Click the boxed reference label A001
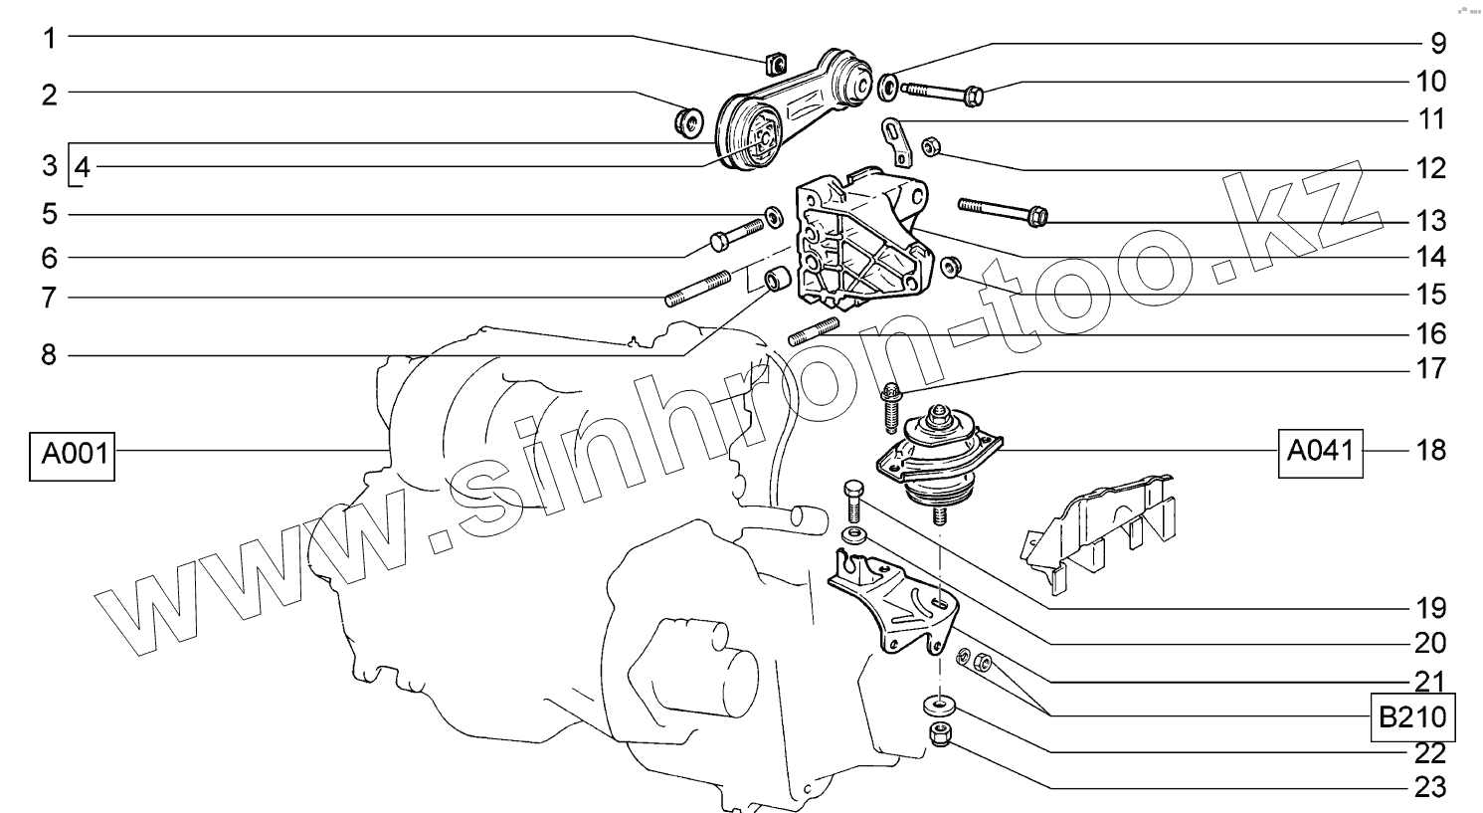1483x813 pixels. click(73, 456)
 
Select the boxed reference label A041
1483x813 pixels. click(1320, 453)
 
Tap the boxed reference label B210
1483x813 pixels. click(1412, 716)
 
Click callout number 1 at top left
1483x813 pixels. click(50, 39)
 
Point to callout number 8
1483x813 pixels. click(49, 355)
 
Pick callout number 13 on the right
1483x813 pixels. click(1430, 221)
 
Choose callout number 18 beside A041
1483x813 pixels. click(1430, 451)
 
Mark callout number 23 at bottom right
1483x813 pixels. click(1430, 788)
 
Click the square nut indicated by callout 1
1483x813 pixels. click(775, 64)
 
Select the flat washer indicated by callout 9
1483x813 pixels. click(888, 88)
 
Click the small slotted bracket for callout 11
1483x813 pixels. click(896, 141)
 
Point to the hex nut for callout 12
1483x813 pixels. click(930, 146)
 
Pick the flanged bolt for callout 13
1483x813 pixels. click(1003, 211)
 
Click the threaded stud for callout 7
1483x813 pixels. click(698, 289)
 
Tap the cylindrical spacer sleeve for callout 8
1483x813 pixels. click(777, 279)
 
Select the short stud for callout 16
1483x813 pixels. click(814, 331)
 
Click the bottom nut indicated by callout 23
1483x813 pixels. click(940, 733)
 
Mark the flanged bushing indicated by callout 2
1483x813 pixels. click(689, 122)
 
